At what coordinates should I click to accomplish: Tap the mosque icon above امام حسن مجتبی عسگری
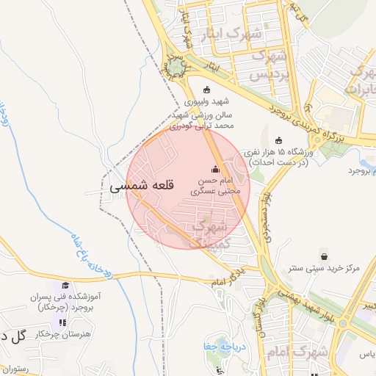215,169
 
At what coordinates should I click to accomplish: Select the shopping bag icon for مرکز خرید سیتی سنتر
324,256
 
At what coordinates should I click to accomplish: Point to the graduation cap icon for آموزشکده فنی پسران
65,286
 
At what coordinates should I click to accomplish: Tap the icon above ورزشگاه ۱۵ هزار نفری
278,141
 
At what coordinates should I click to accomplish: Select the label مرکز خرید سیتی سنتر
324,269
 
